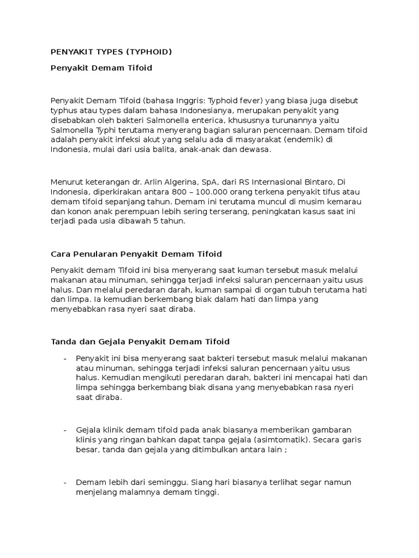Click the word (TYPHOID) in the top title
click(148, 52)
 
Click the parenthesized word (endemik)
click(309, 139)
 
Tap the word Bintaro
click(312, 182)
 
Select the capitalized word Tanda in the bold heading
click(62, 342)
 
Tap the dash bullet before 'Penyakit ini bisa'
click(65, 358)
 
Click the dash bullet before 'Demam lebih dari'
click(65, 483)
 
